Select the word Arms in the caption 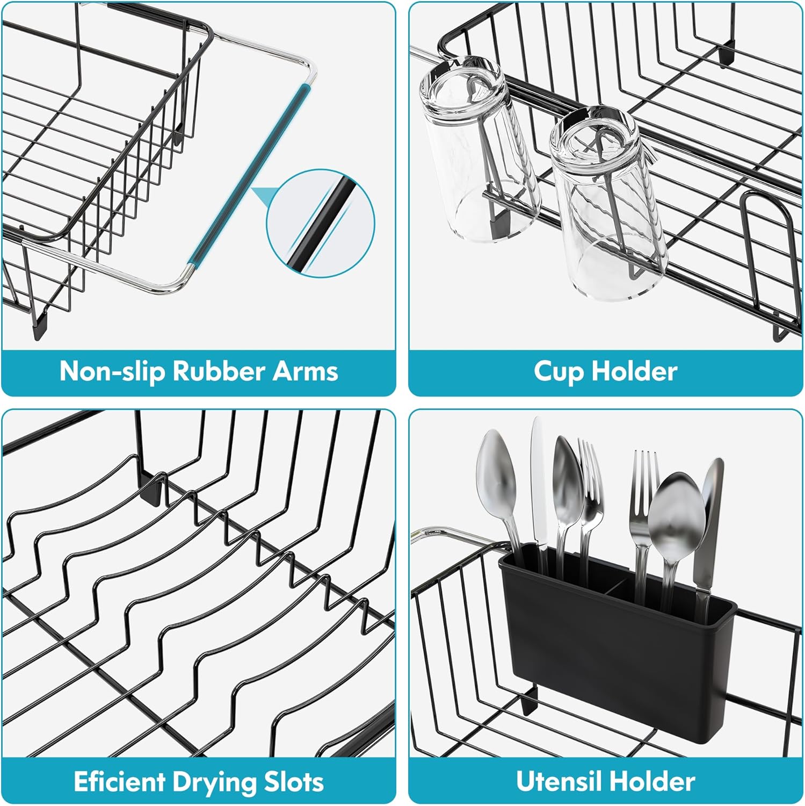[305, 371]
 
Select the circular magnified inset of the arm [321, 223]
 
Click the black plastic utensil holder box [618, 645]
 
